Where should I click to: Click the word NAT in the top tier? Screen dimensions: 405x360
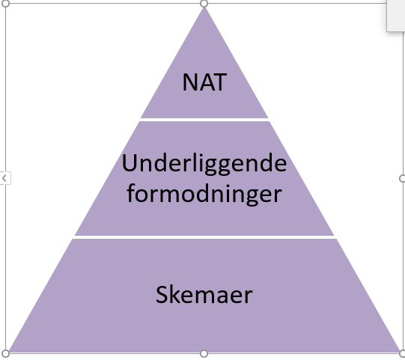204,82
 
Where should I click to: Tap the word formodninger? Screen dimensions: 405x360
204,194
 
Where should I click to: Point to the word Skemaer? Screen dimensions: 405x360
204,295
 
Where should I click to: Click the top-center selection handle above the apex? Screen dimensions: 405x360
204,4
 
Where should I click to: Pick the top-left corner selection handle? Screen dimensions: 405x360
5,4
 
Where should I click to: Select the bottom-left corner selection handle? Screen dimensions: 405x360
5,353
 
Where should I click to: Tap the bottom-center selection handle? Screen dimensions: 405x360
204,353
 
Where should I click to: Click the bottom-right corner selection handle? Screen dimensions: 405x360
402,353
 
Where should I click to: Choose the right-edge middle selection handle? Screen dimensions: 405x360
402,178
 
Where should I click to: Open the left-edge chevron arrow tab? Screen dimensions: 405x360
4,178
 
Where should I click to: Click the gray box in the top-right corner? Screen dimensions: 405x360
396,16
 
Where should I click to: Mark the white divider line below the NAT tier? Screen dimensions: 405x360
204,120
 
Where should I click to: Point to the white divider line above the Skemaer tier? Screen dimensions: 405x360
204,237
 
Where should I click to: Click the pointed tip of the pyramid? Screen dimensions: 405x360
204,7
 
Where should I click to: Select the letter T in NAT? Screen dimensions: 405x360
220,82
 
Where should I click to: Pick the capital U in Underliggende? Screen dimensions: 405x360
130,162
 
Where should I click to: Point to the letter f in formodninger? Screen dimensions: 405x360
131,192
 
